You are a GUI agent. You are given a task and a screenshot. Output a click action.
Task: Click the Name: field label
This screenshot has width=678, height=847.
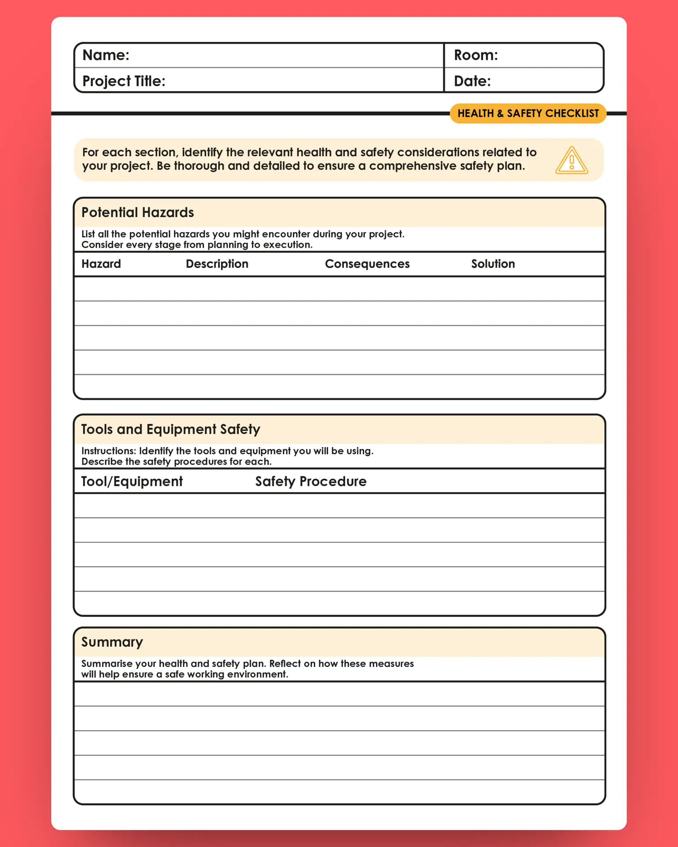(x=105, y=55)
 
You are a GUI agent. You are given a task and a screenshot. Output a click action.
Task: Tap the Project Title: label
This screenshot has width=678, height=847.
(x=124, y=81)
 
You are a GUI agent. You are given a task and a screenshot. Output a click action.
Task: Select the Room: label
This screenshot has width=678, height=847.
(x=475, y=55)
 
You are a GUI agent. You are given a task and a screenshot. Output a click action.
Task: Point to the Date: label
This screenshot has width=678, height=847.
(x=472, y=81)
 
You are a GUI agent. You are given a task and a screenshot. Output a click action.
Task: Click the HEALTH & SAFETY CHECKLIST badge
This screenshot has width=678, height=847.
(x=528, y=113)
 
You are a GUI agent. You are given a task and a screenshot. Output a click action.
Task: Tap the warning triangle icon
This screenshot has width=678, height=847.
(x=571, y=161)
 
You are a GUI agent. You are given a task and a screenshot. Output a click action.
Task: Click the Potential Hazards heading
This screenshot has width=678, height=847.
(x=137, y=213)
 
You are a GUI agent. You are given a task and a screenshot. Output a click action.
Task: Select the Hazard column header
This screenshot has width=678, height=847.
(x=101, y=264)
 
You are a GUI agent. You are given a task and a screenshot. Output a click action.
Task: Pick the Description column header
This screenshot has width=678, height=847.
(x=217, y=264)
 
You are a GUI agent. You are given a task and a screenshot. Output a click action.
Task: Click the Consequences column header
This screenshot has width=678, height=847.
(x=367, y=264)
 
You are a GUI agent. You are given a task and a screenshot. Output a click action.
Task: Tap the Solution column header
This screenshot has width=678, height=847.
(x=493, y=264)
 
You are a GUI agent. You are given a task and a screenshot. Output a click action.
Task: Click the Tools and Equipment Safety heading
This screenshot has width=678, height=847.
(x=170, y=429)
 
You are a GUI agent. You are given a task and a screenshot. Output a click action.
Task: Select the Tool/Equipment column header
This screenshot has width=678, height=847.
(x=132, y=481)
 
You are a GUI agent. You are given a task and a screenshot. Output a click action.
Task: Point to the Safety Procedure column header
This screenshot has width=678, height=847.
(x=310, y=481)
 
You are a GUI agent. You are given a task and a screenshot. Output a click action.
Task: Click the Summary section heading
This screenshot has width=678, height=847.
(x=112, y=642)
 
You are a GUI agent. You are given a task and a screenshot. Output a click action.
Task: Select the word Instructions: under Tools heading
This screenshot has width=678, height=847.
(x=109, y=451)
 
